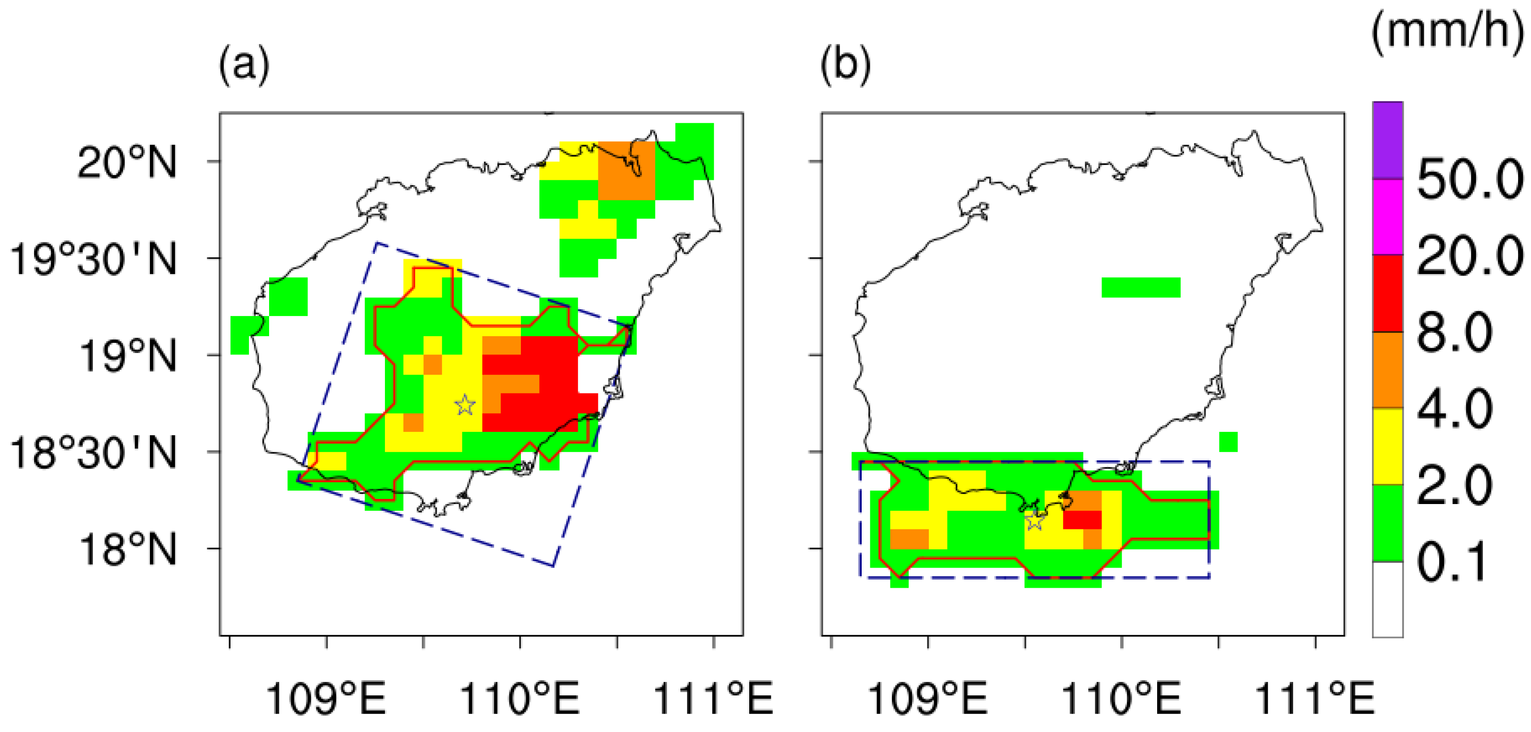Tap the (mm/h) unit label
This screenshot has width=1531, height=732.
(1449, 31)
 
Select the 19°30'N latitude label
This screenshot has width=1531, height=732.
(94, 259)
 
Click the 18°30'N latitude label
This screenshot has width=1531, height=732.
(94, 453)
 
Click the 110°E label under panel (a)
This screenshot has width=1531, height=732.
(519, 698)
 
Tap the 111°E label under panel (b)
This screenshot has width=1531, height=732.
(1315, 698)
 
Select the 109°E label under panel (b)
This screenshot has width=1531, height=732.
(928, 698)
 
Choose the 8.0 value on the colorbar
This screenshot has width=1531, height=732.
(1454, 332)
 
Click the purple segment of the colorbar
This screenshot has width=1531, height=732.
(1388, 140)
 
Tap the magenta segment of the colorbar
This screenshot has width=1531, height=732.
(1388, 216)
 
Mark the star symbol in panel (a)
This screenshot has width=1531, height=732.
(465, 405)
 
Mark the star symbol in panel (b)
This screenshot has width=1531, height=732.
(1035, 521)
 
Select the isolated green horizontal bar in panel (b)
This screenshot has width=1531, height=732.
(1140, 287)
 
